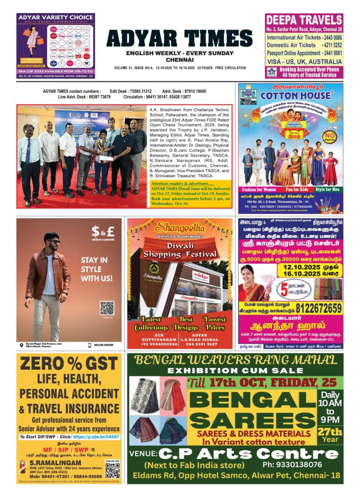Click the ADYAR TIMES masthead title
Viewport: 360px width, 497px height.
click(x=180, y=39)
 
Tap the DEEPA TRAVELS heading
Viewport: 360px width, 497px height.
click(x=304, y=20)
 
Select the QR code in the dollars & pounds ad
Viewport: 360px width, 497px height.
click(x=107, y=308)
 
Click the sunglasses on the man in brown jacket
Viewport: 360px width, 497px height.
click(x=54, y=241)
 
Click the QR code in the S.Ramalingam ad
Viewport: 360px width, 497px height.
click(x=112, y=470)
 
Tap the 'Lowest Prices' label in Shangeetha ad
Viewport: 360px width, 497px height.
click(x=215, y=323)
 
